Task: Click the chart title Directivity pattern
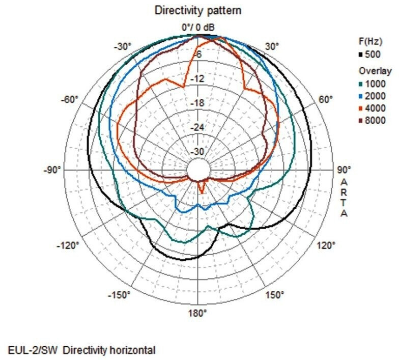click(198, 10)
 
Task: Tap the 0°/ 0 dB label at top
click(198, 26)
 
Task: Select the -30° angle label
click(123, 46)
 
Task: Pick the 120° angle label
click(326, 245)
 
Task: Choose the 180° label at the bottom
click(198, 313)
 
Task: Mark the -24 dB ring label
click(197, 127)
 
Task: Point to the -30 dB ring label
click(197, 152)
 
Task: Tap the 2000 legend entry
click(376, 96)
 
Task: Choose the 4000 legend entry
click(376, 108)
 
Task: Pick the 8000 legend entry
click(376, 121)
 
